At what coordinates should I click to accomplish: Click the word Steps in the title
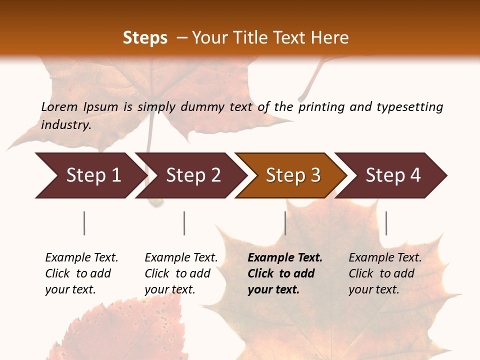tap(145, 38)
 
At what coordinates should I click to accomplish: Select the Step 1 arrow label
tap(93, 175)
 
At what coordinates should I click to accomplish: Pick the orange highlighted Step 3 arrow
tap(293, 175)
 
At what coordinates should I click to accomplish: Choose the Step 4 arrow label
tap(393, 175)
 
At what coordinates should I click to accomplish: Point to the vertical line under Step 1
tap(84, 223)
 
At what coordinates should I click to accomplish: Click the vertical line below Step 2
tap(184, 223)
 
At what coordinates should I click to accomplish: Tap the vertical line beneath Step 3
tap(285, 223)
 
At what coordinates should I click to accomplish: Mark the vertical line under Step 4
tap(386, 223)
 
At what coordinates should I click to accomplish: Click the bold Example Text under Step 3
tap(285, 258)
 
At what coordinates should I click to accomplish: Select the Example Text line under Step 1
tap(81, 258)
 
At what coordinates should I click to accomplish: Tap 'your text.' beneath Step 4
tap(374, 289)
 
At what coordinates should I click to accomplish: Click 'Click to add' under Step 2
tap(177, 273)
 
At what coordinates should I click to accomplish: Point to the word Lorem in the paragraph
tap(59, 107)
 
